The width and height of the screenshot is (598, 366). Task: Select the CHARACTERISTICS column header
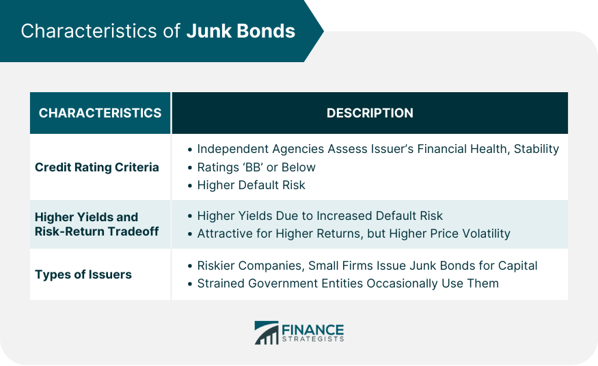[100, 113]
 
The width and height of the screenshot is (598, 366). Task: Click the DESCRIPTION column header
[370, 113]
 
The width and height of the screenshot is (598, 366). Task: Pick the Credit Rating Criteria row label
[97, 167]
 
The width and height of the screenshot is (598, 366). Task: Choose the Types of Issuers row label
[83, 274]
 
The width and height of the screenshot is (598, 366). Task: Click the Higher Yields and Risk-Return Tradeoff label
[96, 225]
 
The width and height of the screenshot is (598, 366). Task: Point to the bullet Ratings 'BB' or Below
[256, 167]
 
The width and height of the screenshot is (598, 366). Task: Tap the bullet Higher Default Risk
[251, 185]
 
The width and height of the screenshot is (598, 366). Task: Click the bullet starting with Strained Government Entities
[348, 283]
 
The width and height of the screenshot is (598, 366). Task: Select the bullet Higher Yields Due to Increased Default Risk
[320, 216]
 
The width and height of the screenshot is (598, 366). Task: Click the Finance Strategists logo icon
[267, 333]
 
